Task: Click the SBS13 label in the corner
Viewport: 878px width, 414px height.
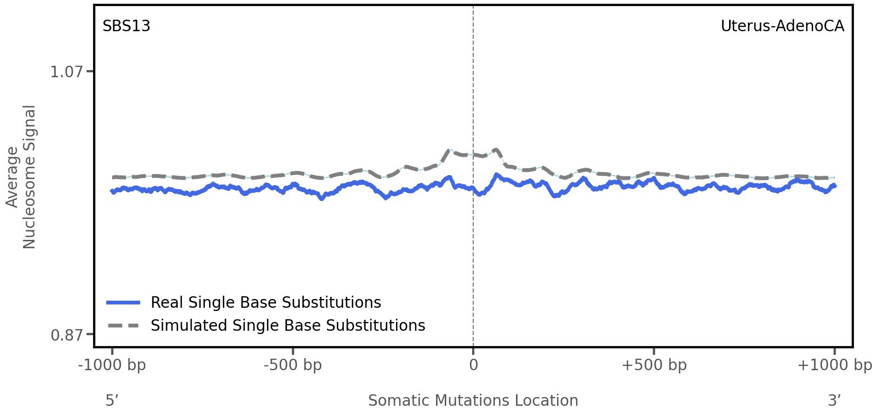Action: click(126, 26)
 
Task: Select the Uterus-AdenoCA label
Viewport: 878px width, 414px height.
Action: click(782, 26)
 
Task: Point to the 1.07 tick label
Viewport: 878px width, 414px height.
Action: click(66, 72)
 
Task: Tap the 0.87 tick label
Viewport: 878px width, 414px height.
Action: click(66, 335)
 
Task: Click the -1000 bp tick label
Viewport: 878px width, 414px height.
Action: click(112, 365)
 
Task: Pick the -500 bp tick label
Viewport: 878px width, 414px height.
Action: click(292, 365)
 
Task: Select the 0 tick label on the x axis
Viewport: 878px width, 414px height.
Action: click(473, 365)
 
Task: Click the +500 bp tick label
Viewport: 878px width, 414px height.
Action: click(653, 365)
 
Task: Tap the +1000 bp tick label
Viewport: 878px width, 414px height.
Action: click(834, 365)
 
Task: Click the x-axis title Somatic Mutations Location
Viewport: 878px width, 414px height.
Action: click(473, 401)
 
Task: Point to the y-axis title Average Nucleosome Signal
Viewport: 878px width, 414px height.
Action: click(21, 177)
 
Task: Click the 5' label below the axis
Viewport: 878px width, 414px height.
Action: click(112, 401)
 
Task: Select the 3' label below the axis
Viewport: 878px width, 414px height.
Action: click(834, 401)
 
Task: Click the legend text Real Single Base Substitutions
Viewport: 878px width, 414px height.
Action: click(266, 303)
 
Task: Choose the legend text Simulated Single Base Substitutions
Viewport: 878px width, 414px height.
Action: click(288, 326)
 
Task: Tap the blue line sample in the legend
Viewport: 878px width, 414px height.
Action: click(124, 303)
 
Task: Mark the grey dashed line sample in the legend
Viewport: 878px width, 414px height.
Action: click(124, 326)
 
